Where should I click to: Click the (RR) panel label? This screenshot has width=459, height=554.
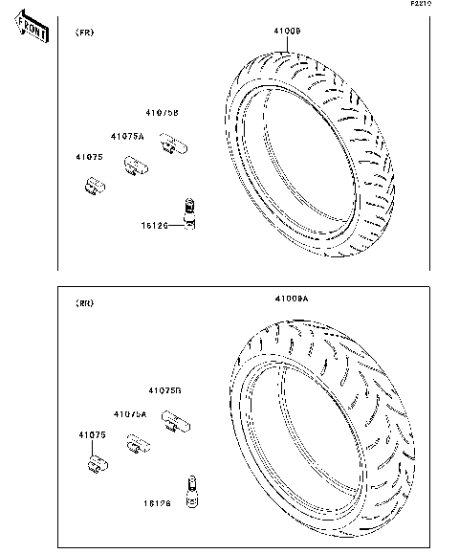tap(84, 302)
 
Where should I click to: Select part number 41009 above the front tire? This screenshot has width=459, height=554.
tap(288, 32)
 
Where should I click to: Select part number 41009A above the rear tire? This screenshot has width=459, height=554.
tap(292, 299)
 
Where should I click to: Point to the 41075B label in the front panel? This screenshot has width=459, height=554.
tap(163, 113)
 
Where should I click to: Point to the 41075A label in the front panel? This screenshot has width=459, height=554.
tap(127, 137)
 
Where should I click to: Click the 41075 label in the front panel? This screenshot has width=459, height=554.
tap(91, 156)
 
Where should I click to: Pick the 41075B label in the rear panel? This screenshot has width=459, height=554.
tap(164, 390)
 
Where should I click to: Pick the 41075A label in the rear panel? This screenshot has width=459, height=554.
tap(130, 413)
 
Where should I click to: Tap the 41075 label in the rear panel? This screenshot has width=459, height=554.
tap(92, 435)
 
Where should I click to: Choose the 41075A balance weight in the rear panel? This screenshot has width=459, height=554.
tap(140, 445)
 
